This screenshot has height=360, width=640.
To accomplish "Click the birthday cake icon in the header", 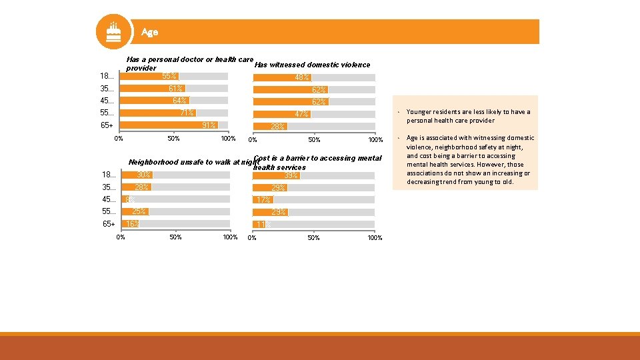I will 114,31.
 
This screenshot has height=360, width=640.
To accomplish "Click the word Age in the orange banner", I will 149,32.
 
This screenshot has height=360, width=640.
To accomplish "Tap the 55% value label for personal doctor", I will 169,76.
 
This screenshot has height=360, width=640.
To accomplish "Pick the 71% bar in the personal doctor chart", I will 157,113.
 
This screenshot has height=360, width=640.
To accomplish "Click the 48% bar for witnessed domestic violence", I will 281,78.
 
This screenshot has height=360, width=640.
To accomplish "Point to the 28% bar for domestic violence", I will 269,126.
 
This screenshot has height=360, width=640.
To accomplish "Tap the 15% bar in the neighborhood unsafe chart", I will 128,224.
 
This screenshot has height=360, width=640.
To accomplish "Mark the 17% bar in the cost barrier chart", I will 262,200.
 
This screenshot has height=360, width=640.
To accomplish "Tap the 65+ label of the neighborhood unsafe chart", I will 109,224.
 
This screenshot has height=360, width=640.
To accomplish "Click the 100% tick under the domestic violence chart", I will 375,140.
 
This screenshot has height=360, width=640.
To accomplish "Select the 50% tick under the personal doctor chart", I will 173,139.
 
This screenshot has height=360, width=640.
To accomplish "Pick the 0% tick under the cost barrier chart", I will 252,238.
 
